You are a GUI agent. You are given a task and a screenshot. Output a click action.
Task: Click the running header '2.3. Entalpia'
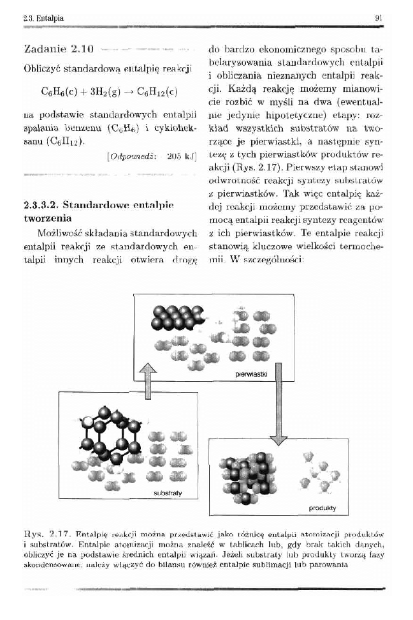(x=40, y=19)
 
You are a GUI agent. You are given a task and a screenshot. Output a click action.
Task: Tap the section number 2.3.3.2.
(x=40, y=206)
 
